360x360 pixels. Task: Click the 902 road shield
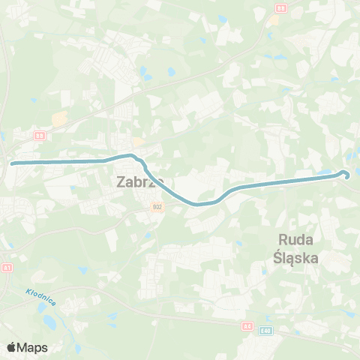point(157,207)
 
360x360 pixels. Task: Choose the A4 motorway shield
point(248,326)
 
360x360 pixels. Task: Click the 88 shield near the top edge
point(280,7)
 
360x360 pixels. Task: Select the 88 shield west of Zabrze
point(40,136)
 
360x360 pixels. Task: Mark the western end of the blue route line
point(12,162)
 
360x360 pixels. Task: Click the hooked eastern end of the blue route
point(346,175)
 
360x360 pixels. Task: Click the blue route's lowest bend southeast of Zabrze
point(198,203)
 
